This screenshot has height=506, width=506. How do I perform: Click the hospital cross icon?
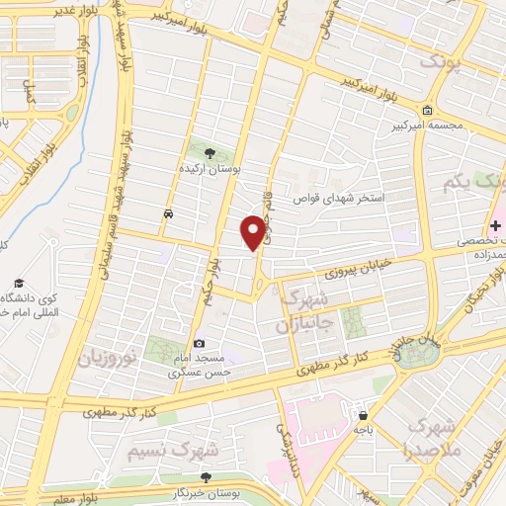(495, 226)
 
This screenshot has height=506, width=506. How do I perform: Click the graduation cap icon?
(18, 284)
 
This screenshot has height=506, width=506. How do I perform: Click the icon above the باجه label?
(365, 415)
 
